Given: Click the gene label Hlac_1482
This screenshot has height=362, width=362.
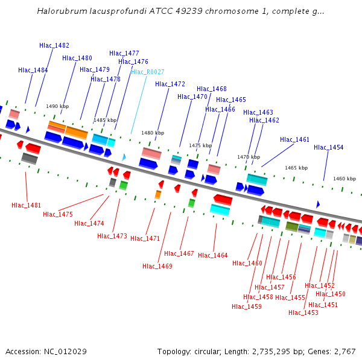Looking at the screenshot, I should point(54,45).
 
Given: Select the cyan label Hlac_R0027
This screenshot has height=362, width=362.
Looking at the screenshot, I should point(148,72).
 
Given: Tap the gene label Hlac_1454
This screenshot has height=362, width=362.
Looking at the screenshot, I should point(329,147).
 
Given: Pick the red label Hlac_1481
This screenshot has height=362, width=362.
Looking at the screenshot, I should point(27,205).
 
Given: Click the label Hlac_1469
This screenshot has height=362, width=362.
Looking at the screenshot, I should point(157,266).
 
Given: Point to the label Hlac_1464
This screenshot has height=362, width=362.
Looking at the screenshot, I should point(213,255).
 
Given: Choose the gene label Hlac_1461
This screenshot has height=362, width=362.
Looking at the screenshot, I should point(294,139).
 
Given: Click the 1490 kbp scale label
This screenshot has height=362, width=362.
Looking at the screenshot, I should point(57,106).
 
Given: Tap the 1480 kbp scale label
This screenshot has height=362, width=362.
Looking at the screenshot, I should point(153,133).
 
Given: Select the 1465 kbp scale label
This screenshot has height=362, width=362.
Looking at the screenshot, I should point(296,168).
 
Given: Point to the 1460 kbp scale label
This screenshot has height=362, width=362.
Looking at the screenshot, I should point(345,179).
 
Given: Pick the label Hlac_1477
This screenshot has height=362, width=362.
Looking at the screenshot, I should point(124,53).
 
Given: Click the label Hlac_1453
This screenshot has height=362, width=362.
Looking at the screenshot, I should point(303,313).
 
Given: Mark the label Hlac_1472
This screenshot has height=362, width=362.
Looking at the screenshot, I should point(170,84).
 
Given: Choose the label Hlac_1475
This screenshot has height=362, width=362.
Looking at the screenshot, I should point(58,214).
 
